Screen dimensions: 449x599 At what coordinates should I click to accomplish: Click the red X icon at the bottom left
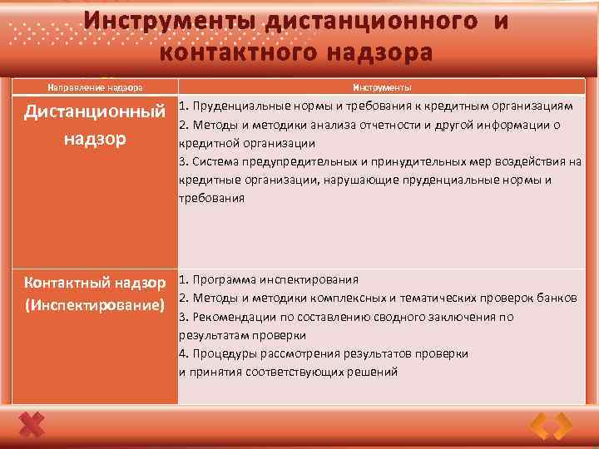[31, 426]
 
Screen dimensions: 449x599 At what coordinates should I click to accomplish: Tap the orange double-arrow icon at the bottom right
[552, 426]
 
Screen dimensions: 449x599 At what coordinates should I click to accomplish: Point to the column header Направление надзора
[95, 87]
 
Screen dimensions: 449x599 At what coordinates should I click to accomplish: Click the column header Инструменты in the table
[382, 87]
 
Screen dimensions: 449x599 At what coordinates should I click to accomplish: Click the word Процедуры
[223, 353]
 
